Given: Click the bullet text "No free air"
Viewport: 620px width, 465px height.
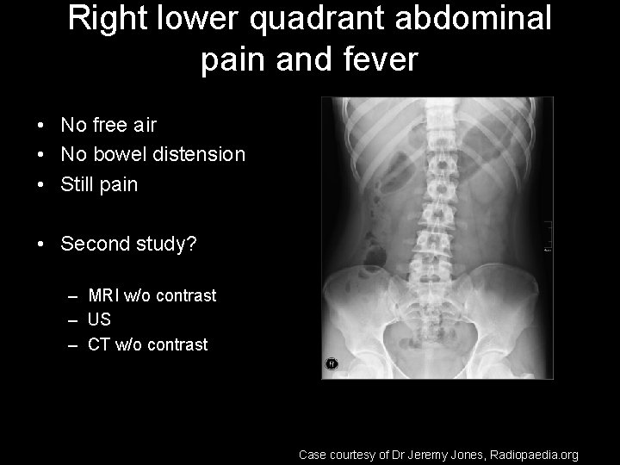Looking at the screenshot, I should point(108,126).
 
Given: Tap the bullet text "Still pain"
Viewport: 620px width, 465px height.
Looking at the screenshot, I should point(99,185).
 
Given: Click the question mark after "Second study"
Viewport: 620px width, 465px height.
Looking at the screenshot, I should point(192,245).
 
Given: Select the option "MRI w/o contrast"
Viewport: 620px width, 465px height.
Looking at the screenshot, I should point(152,296).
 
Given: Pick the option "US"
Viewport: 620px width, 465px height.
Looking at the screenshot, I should point(99,320).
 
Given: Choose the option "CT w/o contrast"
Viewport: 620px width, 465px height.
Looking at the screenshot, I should point(147,345).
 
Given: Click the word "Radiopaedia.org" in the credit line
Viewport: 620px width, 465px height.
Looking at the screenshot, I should point(534,454).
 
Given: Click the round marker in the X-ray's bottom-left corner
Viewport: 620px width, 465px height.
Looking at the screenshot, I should point(331,364).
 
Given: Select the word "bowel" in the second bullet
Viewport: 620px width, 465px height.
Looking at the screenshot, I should point(116,155).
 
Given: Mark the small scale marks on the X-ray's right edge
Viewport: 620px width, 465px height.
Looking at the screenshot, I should point(547,237).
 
